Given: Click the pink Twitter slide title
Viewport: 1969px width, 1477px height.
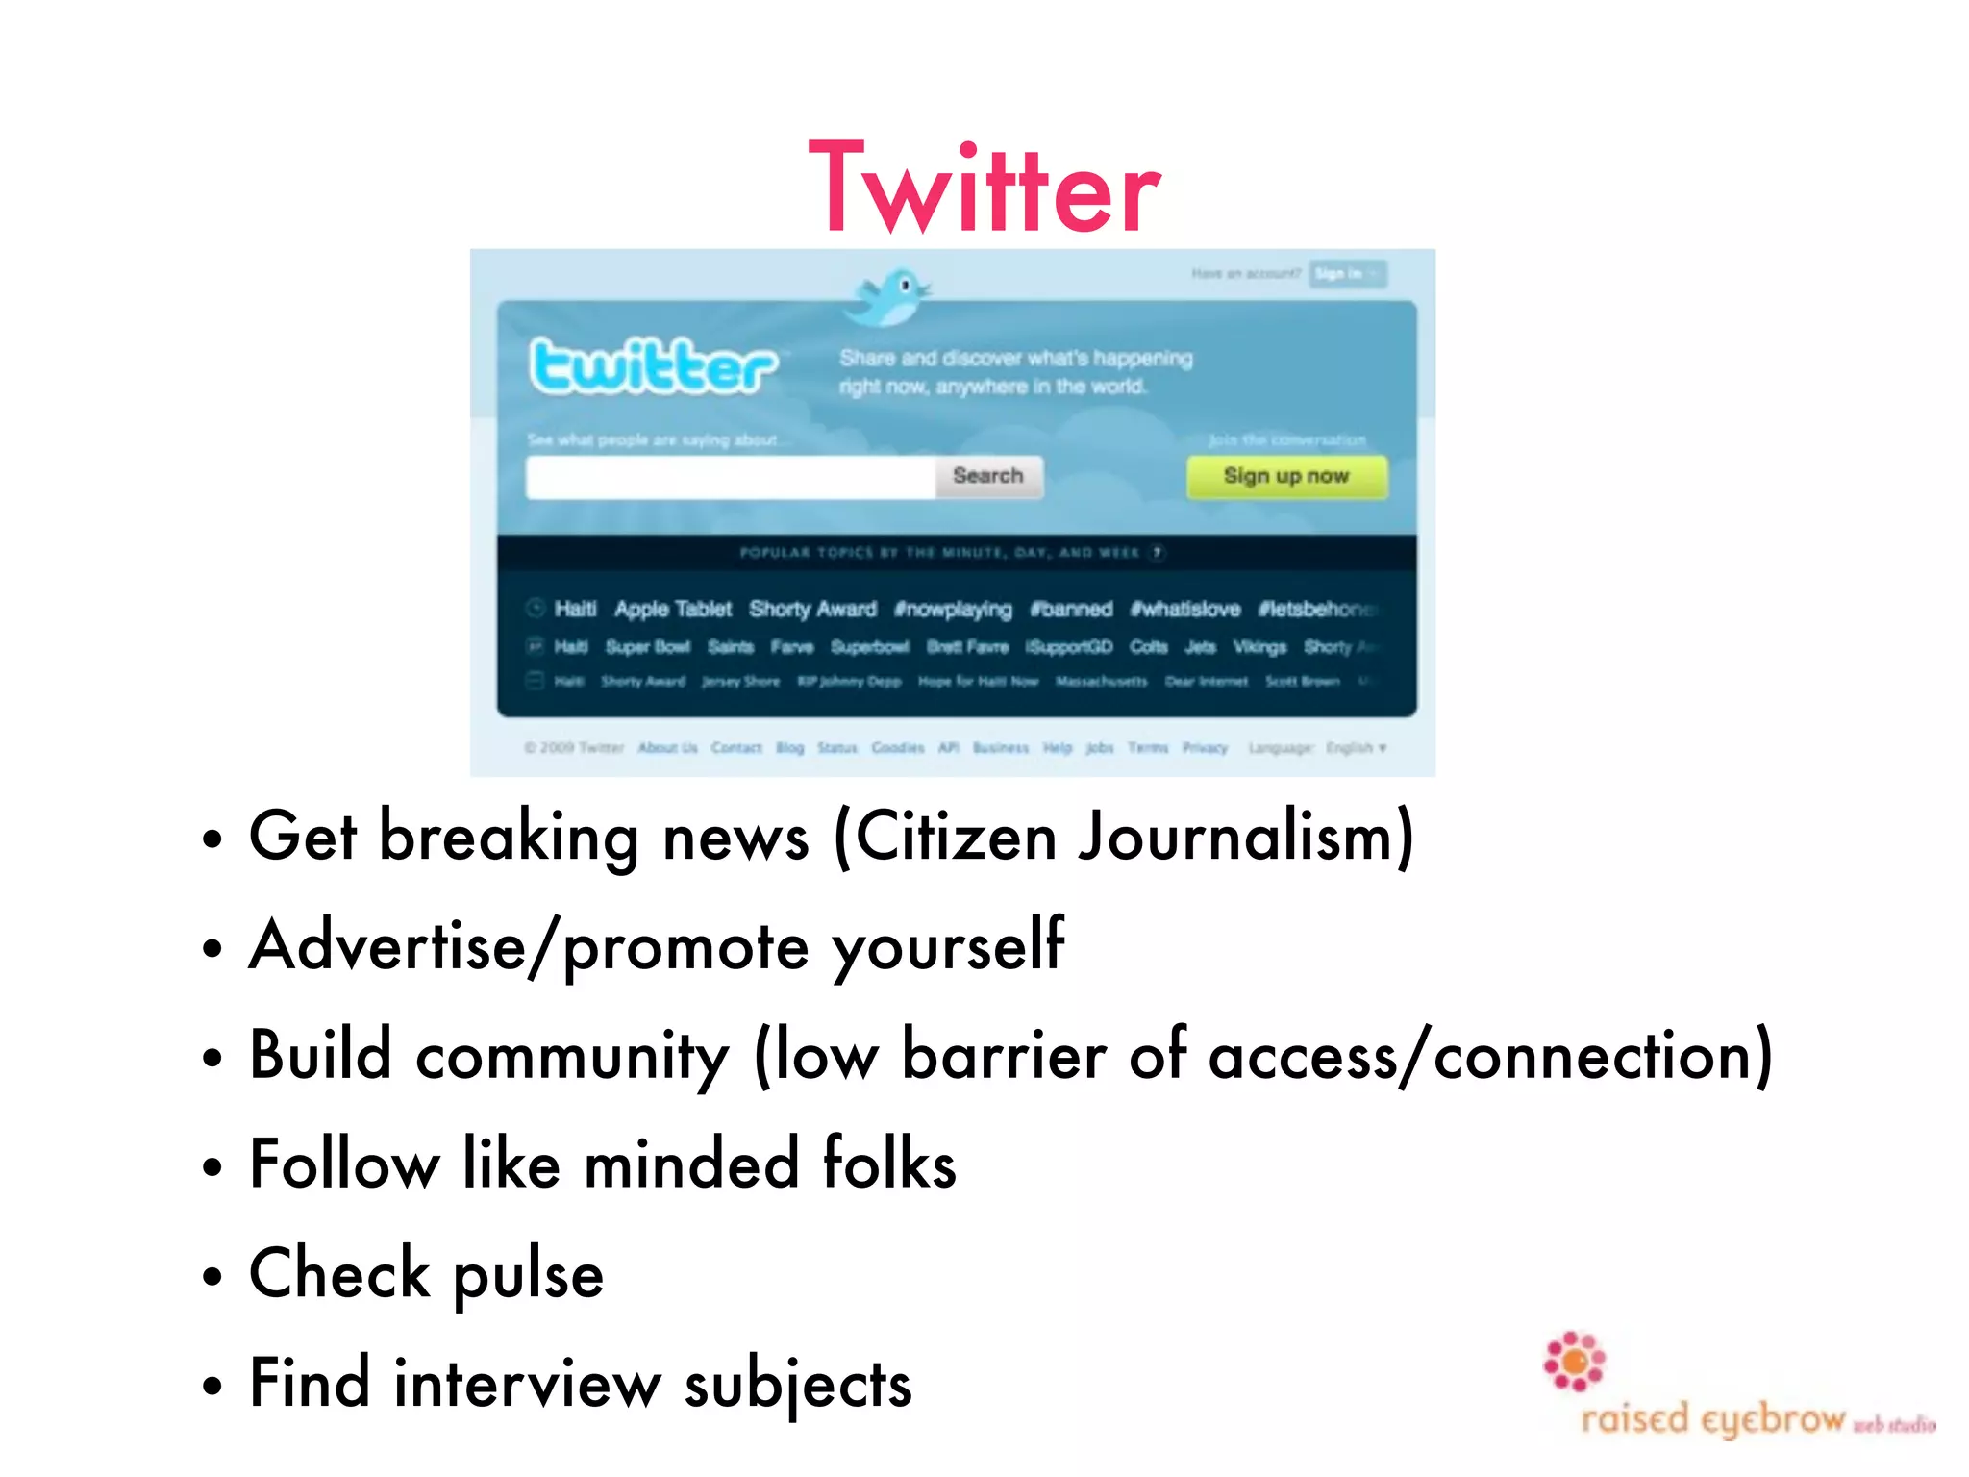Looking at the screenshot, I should tap(984, 188).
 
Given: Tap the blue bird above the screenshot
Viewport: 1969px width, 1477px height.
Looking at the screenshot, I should tap(889, 296).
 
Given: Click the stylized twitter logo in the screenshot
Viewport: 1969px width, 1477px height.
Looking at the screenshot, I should tap(654, 366).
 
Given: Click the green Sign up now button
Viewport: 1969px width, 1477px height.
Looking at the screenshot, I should tap(1286, 476).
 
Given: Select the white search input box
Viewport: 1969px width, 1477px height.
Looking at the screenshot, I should tap(731, 477).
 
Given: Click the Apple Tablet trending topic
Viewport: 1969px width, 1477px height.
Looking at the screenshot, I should tap(673, 609).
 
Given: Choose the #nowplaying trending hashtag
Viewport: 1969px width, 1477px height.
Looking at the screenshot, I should tap(953, 609).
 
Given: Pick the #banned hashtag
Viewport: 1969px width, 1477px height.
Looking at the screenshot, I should tap(1071, 609).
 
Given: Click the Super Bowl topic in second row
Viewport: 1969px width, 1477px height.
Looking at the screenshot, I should tap(647, 647).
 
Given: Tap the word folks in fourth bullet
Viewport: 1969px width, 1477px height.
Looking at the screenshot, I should tap(889, 1164).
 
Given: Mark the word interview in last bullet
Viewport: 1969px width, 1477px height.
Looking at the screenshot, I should tap(528, 1385).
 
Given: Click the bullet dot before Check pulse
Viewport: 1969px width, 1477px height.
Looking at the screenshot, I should tap(212, 1277).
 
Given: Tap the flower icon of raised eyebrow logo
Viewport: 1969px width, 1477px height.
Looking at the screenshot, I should tap(1574, 1361).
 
